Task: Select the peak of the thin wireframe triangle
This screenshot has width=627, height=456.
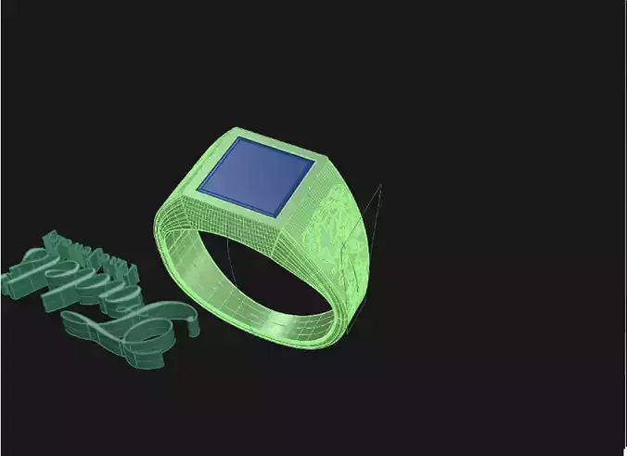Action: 380,185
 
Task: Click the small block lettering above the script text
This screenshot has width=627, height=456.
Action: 93,254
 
